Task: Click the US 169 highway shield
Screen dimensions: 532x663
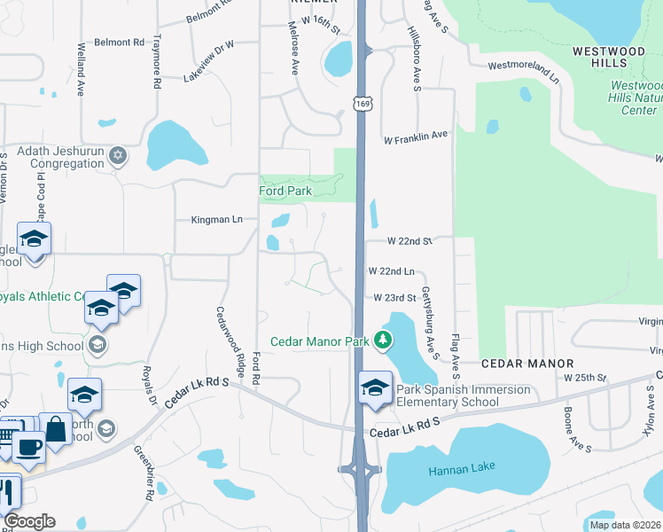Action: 362,105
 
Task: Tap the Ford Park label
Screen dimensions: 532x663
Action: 285,191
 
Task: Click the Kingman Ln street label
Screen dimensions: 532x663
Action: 217,219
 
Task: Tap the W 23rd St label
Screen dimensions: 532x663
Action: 394,298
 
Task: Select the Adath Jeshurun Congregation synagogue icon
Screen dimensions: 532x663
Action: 118,157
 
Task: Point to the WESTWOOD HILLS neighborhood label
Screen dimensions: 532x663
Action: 608,51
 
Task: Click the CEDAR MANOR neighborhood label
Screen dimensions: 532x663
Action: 527,364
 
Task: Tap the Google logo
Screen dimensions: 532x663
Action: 29,521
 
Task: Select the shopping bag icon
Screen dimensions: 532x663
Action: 55,430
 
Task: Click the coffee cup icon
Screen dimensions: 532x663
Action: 27,448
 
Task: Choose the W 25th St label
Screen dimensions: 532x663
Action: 584,377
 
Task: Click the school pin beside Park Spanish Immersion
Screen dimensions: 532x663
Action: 374,388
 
